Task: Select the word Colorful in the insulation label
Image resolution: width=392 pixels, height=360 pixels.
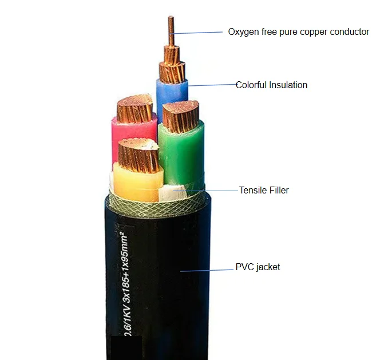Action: tap(251, 85)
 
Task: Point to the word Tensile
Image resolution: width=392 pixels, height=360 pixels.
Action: tap(254, 190)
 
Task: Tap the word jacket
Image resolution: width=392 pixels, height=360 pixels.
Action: tap(268, 267)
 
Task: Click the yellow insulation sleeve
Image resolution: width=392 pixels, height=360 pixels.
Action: tap(137, 184)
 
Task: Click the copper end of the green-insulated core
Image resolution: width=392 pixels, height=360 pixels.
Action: tap(181, 115)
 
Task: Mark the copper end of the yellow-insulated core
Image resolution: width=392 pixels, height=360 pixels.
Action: tap(138, 155)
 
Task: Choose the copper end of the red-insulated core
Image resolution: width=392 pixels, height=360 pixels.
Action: tap(134, 108)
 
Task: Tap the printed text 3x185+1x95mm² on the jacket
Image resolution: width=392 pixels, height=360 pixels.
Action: tap(125, 267)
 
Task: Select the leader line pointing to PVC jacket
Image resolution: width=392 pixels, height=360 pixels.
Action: tap(207, 270)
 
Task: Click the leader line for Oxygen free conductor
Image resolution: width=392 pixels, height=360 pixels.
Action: tap(196, 33)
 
